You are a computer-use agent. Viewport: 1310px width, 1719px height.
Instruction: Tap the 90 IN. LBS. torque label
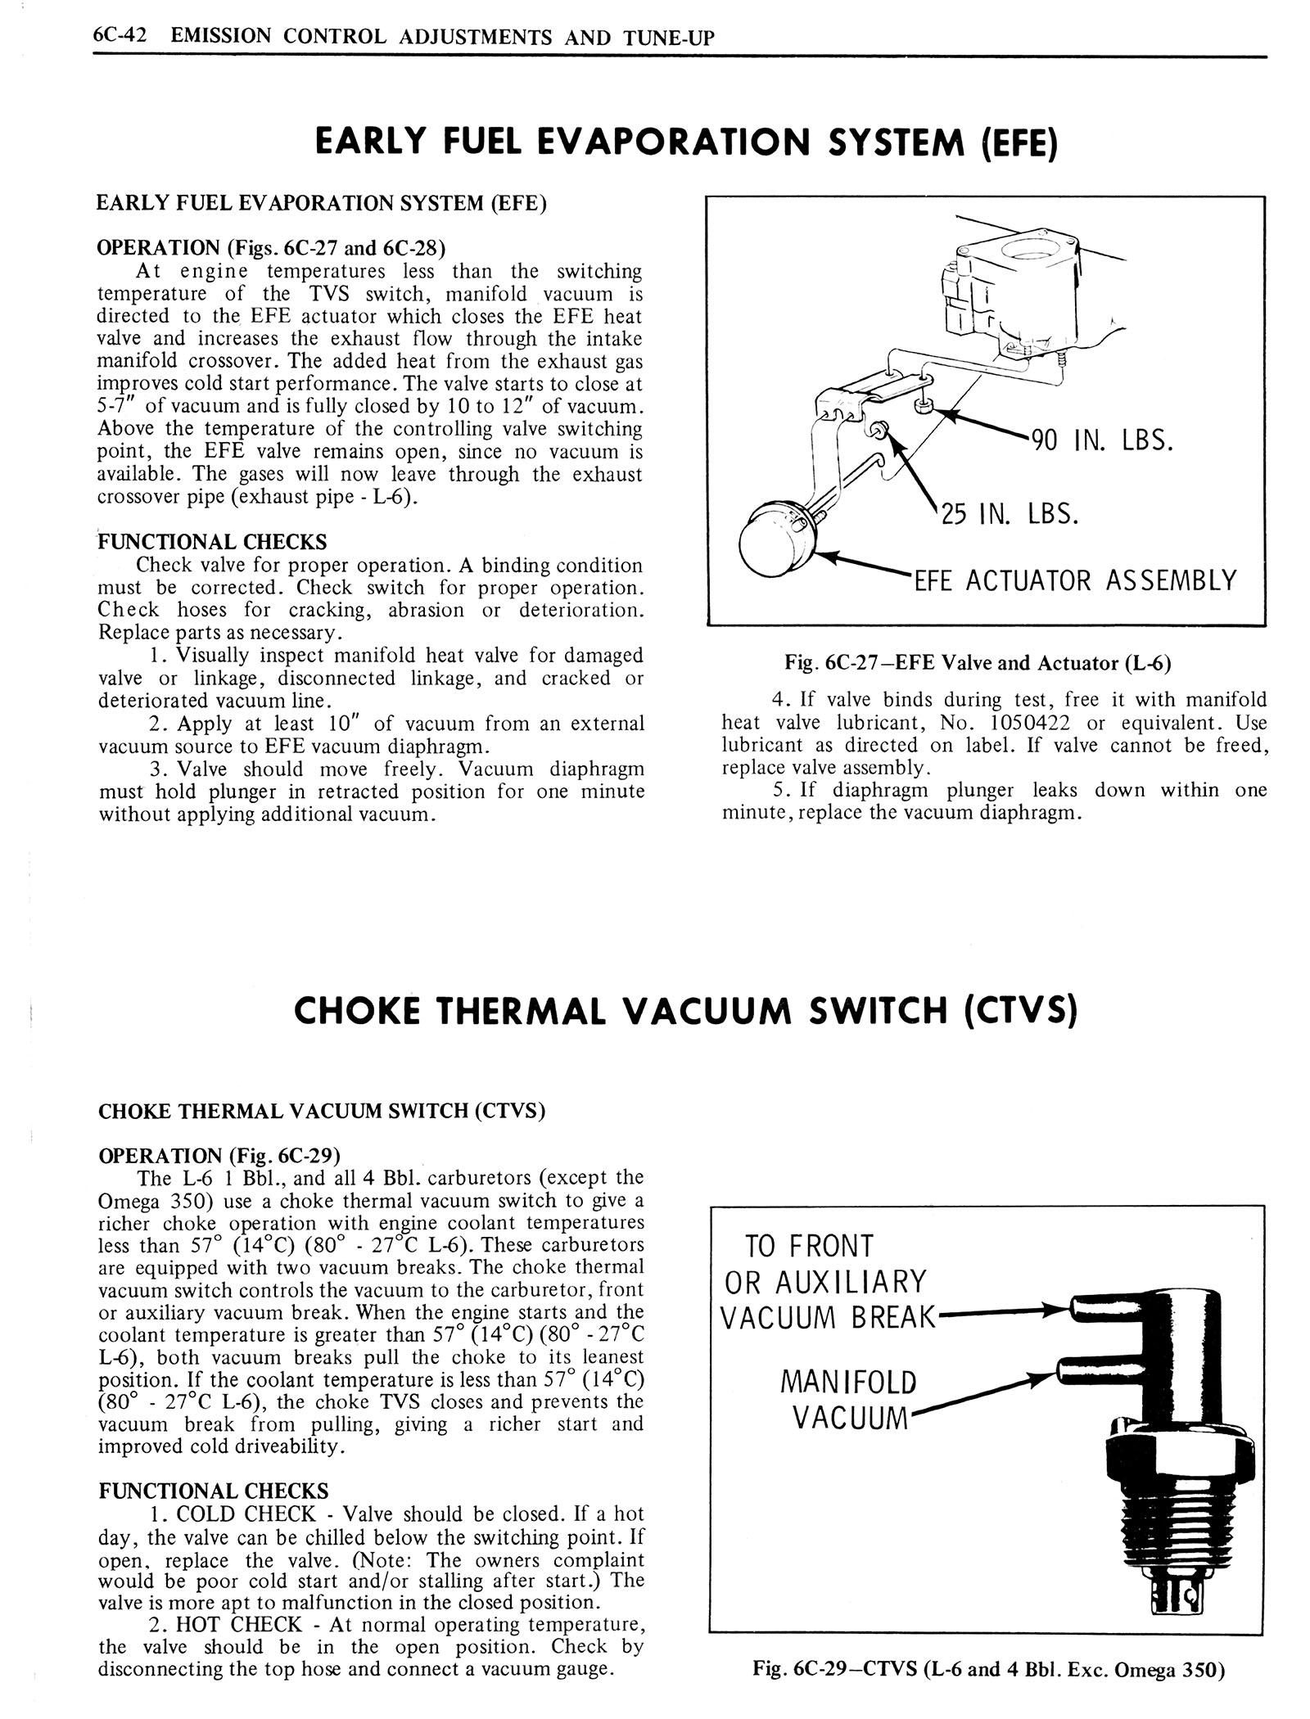[1102, 441]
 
